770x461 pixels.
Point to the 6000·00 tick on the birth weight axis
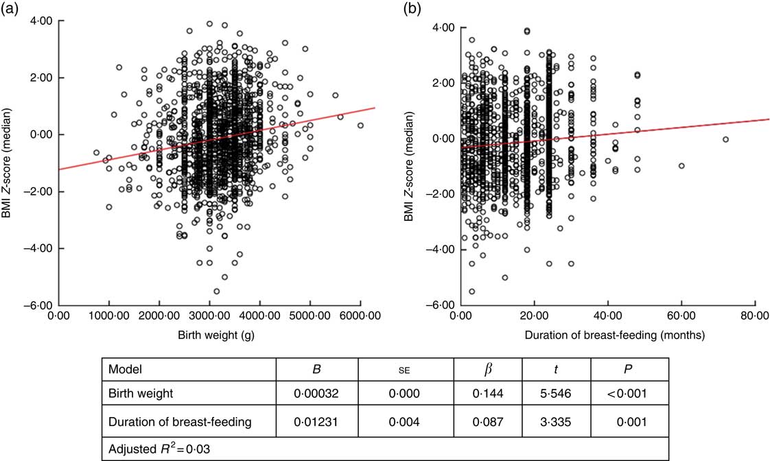click(360, 316)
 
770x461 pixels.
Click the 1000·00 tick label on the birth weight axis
click(108, 316)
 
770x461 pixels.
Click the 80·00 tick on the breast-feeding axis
click(755, 316)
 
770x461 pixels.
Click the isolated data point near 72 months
click(725, 139)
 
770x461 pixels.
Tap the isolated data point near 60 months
click(681, 165)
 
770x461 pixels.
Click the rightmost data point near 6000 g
click(360, 125)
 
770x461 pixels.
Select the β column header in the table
click(489, 369)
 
